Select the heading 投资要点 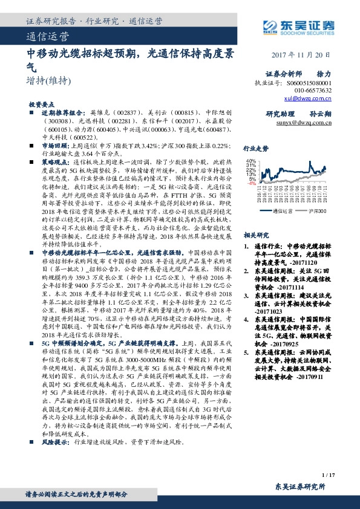pos(42,105)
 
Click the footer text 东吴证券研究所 pos(300,486)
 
